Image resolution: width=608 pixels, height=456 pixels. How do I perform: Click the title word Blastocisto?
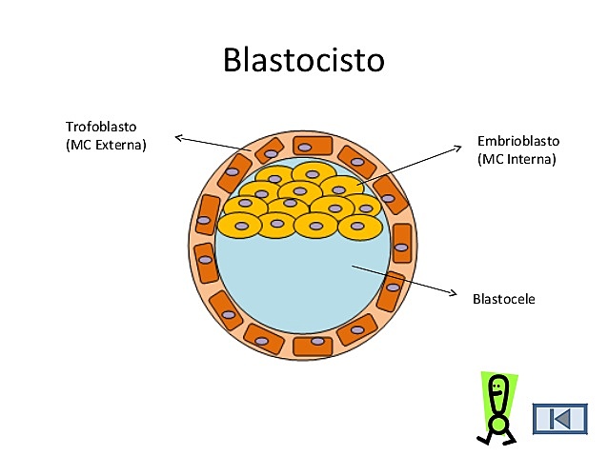pyautogui.click(x=303, y=59)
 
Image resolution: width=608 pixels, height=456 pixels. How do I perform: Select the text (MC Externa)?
pyautogui.click(x=107, y=145)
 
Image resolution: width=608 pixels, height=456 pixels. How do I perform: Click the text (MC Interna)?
pyautogui.click(x=516, y=159)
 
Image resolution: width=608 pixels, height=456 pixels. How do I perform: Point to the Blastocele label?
pyautogui.click(x=503, y=298)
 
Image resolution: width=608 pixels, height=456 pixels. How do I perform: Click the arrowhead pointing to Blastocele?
pyautogui.click(x=452, y=293)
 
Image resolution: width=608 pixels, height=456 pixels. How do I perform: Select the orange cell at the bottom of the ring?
pyautogui.click(x=312, y=346)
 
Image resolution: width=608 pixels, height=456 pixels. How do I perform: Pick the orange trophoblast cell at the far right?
pyautogui.click(x=402, y=245)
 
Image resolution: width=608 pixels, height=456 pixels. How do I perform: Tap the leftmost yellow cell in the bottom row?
pyautogui.click(x=240, y=226)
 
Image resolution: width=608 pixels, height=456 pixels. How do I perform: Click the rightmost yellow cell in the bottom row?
pyautogui.click(x=359, y=227)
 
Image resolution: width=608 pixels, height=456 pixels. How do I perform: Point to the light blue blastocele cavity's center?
pyautogui.click(x=303, y=281)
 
